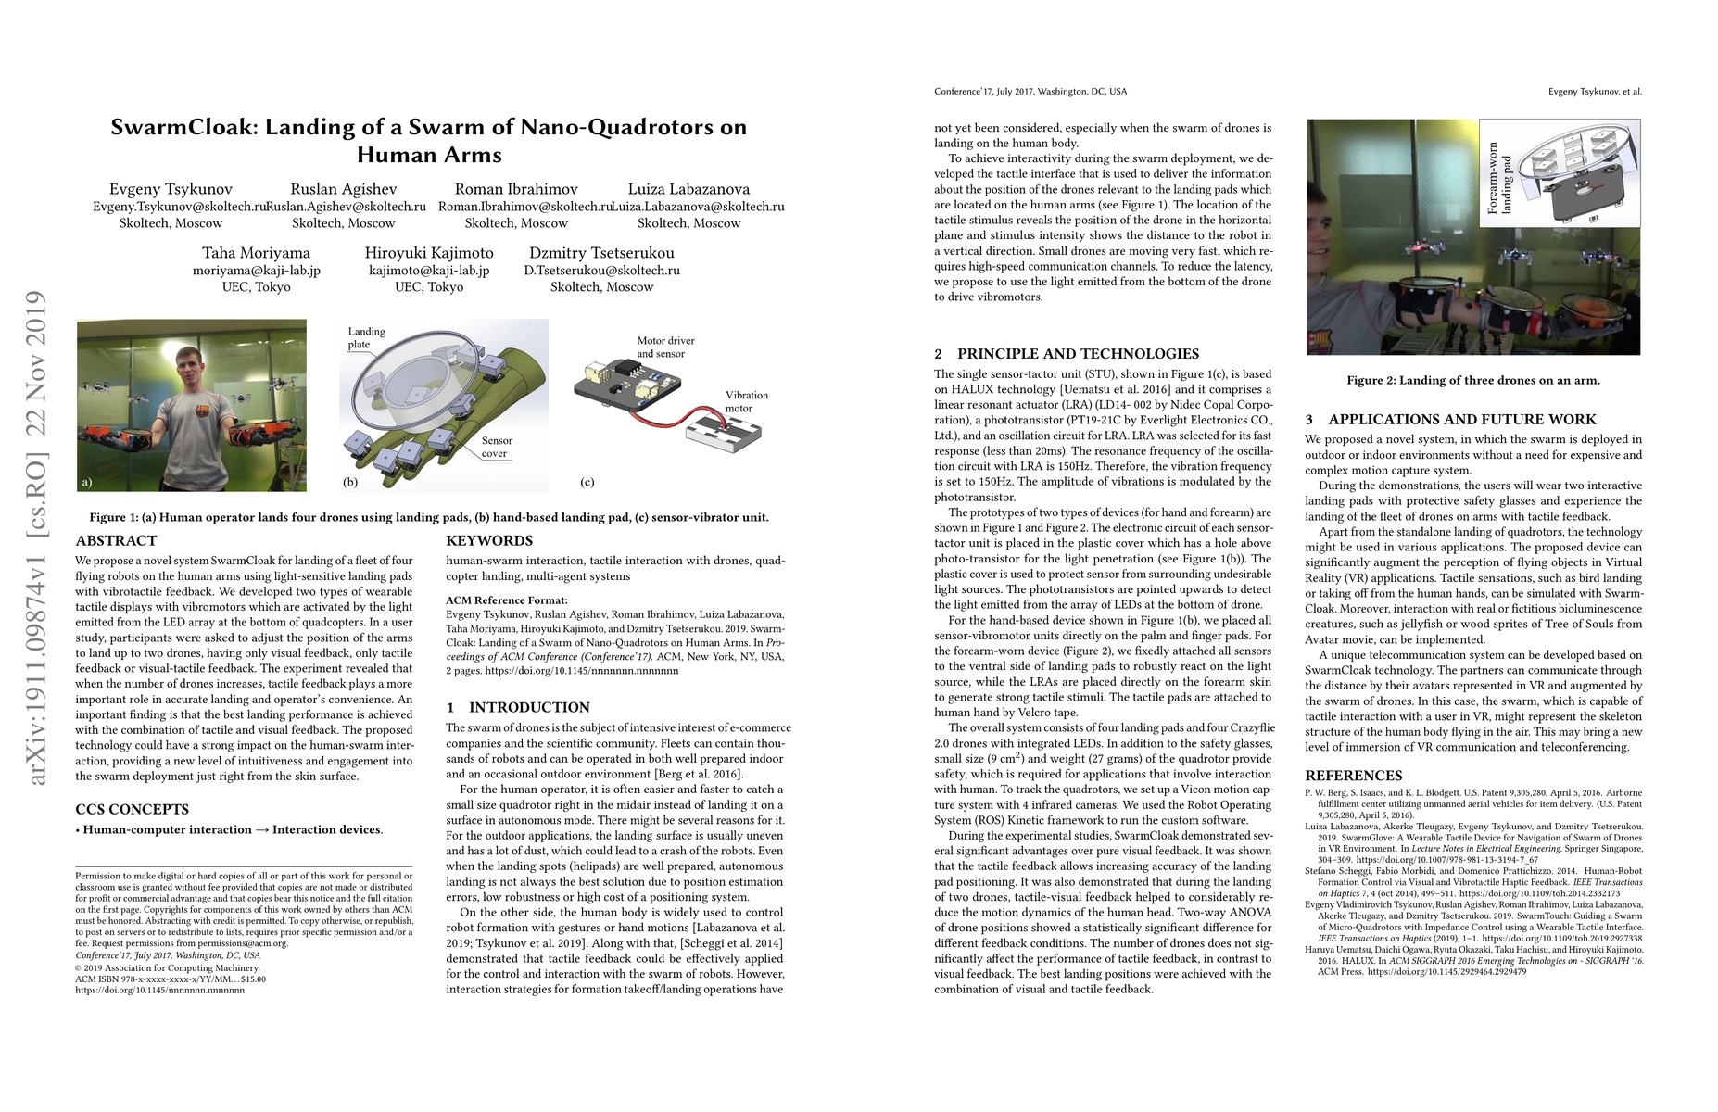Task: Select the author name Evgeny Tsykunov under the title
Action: click(171, 189)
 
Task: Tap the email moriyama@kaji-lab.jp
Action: click(256, 271)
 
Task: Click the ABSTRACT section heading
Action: click(116, 540)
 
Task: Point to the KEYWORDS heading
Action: click(489, 540)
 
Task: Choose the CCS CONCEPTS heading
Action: click(132, 809)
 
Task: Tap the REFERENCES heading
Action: click(1353, 776)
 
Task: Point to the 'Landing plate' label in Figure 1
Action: click(366, 337)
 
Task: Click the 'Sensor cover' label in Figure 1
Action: click(496, 447)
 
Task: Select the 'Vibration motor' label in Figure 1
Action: click(746, 401)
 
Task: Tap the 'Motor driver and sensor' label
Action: click(665, 347)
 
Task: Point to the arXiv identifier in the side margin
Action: click(37, 537)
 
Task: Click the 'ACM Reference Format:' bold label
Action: click(506, 600)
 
